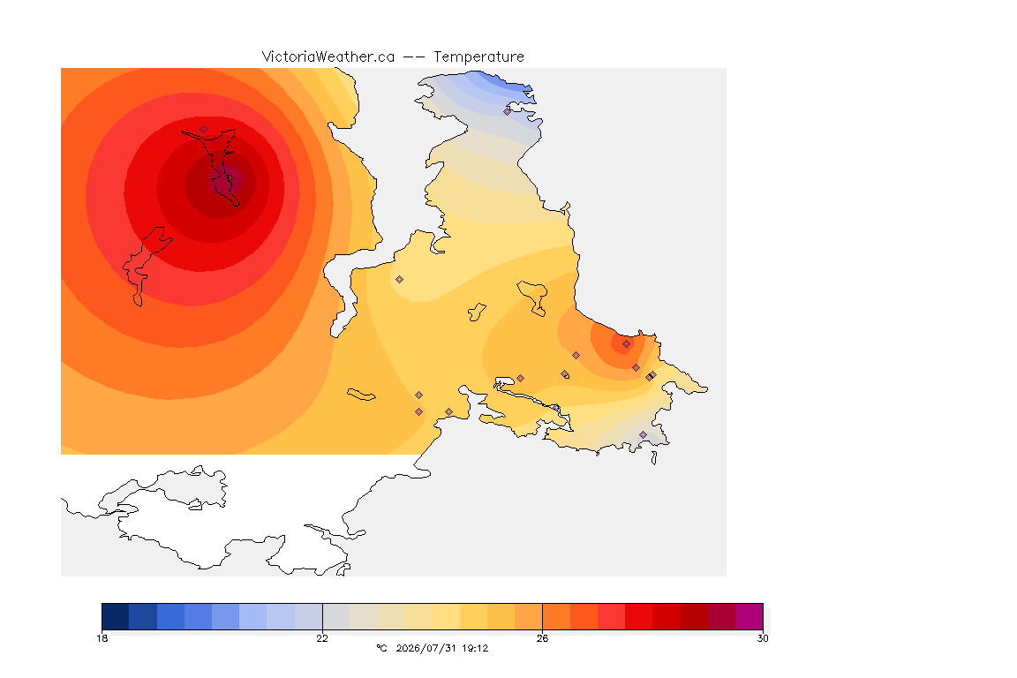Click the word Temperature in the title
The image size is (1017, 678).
tap(478, 57)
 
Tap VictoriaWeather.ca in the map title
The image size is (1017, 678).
tap(328, 57)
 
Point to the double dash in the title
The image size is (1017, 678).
tap(414, 57)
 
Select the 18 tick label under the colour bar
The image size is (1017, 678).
tap(102, 638)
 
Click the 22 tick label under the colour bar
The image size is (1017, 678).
tap(322, 638)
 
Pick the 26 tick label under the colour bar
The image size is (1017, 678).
tap(542, 638)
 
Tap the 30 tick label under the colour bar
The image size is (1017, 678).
tap(763, 638)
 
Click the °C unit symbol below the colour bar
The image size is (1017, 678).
tap(382, 648)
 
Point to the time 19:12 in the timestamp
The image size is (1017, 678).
tap(475, 648)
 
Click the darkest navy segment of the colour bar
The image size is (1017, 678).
tap(116, 616)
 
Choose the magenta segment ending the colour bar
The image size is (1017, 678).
tap(750, 616)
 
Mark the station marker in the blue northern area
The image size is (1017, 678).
tap(508, 111)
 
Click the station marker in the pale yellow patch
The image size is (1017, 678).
tap(400, 280)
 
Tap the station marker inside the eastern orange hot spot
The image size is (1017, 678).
tap(626, 344)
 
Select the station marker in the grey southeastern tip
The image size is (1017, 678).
tap(643, 434)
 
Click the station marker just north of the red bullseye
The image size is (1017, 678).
tap(204, 130)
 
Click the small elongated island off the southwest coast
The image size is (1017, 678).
tap(361, 395)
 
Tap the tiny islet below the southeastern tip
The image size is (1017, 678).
tap(654, 458)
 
